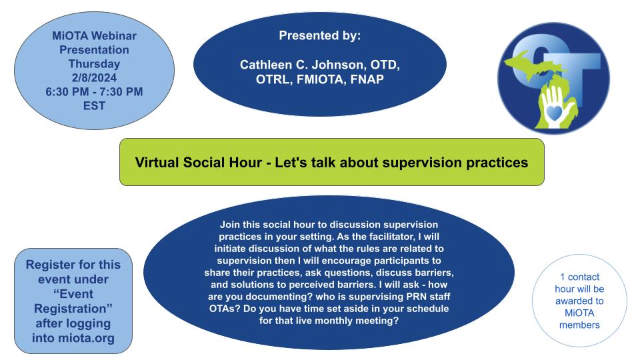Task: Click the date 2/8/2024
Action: click(94, 77)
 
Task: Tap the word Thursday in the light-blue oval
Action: click(94, 64)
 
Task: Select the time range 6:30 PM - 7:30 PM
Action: click(94, 92)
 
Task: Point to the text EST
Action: click(94, 106)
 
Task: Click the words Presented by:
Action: click(320, 35)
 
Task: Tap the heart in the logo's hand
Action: click(554, 112)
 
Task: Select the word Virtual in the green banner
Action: click(157, 163)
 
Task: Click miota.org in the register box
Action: click(86, 339)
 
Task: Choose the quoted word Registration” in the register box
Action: click(73, 309)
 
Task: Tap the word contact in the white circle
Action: click(584, 277)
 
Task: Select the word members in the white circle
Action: click(579, 325)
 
